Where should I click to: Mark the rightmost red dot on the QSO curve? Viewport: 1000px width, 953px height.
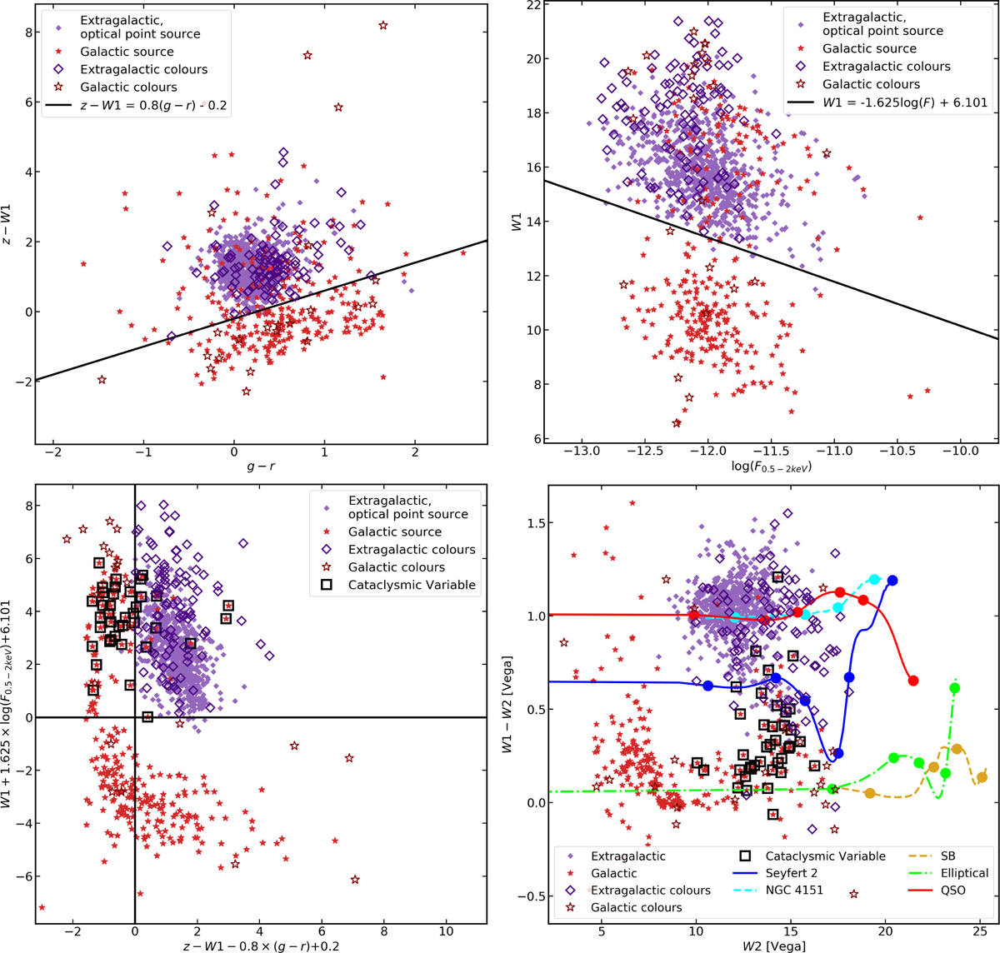pos(913,681)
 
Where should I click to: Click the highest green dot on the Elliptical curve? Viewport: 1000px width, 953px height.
pos(954,688)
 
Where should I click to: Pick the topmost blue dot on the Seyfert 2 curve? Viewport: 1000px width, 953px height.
pos(892,581)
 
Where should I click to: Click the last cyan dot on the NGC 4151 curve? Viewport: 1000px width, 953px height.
pos(875,579)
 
